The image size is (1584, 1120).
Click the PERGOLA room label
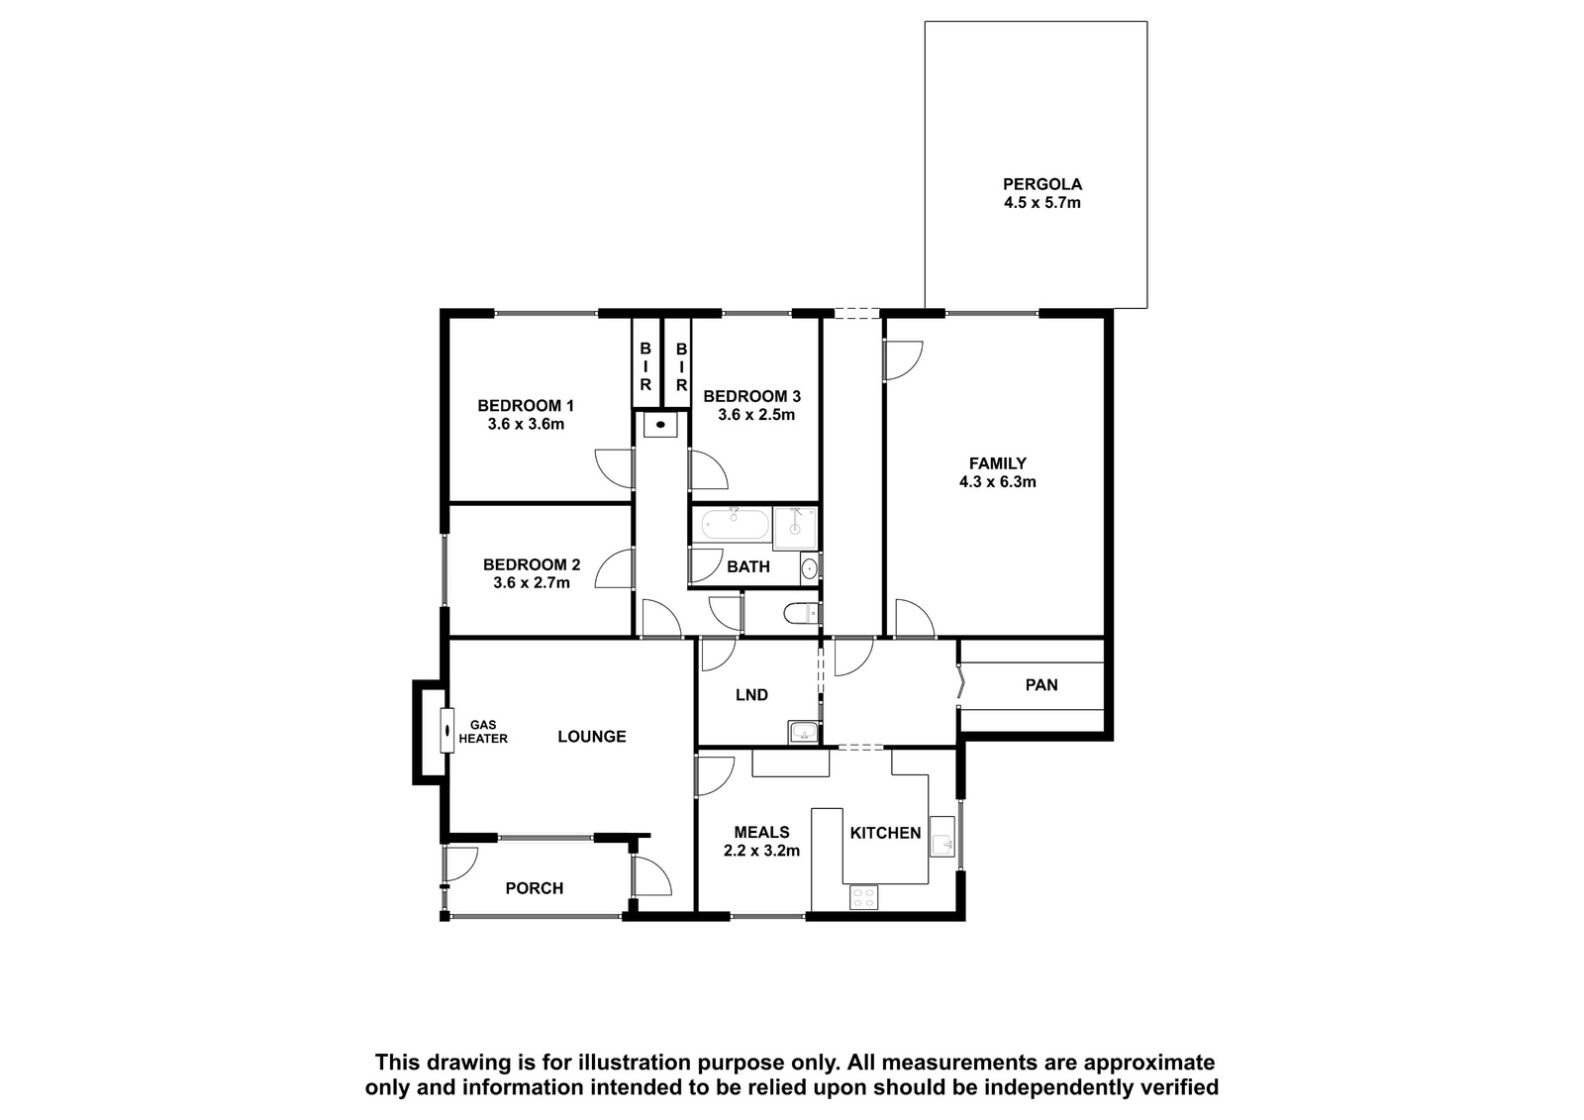[x=1041, y=184]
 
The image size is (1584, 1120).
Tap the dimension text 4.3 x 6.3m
[x=997, y=482]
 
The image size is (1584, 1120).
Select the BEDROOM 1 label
[x=526, y=405]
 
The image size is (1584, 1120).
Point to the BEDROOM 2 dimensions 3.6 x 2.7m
[x=531, y=583]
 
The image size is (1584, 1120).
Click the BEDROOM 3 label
[x=751, y=396]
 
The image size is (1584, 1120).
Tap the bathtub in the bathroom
[x=736, y=524]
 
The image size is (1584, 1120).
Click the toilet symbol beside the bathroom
[x=801, y=613]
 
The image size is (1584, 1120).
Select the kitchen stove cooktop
[x=863, y=897]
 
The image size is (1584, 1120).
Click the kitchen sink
[x=941, y=836]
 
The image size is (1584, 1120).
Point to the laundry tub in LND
[x=803, y=732]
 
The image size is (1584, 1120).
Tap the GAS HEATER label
[x=483, y=732]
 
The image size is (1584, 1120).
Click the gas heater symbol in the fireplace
[x=446, y=730]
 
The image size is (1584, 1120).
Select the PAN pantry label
[x=1040, y=684]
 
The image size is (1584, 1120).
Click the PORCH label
[x=534, y=888]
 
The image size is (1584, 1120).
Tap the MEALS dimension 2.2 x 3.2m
[x=761, y=851]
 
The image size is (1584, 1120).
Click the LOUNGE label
[x=592, y=737]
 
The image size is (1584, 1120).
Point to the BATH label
[x=748, y=566]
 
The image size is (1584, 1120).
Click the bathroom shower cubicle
[x=795, y=528]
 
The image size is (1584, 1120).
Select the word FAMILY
[x=997, y=463]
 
